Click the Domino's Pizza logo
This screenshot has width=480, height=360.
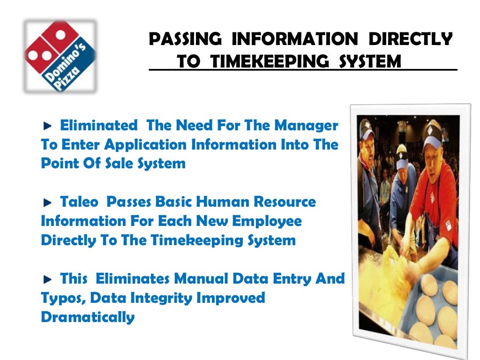[60, 55]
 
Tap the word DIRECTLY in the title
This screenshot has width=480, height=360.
[411, 40]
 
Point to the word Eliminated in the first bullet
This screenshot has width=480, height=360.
[99, 126]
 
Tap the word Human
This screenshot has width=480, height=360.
[215, 202]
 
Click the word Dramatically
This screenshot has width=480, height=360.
[88, 317]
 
